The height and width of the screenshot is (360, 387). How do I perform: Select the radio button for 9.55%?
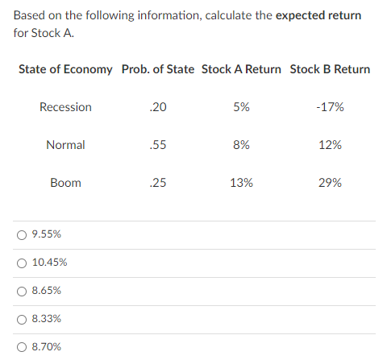[x=22, y=234]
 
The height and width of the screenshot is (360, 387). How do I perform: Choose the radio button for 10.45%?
[x=22, y=263]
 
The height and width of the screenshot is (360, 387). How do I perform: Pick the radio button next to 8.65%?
[x=22, y=291]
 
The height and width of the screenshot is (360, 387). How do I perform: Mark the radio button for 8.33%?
[x=22, y=319]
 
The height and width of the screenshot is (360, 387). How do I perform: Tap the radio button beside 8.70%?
[x=22, y=347]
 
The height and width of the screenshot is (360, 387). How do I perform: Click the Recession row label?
[x=65, y=107]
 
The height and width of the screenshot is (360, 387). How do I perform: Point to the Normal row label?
[x=65, y=145]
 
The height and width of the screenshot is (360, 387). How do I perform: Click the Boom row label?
[x=65, y=183]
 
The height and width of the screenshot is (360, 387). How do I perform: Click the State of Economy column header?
[x=65, y=69]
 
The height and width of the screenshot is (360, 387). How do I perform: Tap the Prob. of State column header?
[x=158, y=69]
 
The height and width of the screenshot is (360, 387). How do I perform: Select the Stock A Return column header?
[x=241, y=69]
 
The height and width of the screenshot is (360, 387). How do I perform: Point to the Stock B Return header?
[x=330, y=69]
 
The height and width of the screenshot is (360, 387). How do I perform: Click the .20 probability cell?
[x=158, y=107]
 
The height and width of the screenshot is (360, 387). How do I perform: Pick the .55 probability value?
[x=158, y=145]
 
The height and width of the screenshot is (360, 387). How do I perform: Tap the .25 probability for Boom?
[x=158, y=183]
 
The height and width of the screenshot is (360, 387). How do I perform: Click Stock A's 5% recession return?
[x=241, y=107]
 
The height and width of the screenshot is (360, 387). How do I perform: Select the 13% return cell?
[x=241, y=183]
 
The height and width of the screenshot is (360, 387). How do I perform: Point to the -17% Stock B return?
[x=330, y=107]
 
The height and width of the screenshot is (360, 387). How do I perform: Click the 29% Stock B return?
[x=330, y=183]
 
